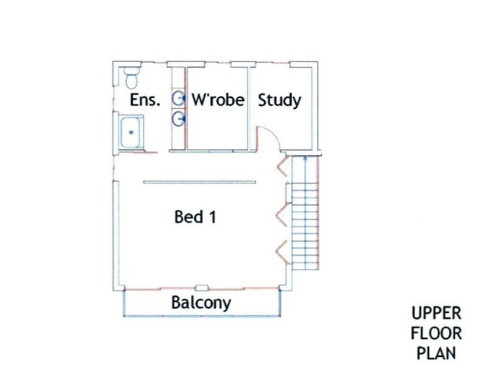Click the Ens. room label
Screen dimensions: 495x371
(145, 100)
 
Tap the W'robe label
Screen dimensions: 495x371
(218, 100)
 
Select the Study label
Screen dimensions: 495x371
(280, 101)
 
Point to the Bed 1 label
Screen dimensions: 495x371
(195, 217)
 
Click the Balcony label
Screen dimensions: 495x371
(201, 303)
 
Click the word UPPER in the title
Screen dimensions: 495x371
(436, 314)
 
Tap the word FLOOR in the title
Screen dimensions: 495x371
(436, 334)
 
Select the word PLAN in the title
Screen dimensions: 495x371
(436, 353)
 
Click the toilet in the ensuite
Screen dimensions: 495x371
(131, 78)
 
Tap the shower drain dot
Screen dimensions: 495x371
(131, 132)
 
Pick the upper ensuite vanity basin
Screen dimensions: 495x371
(178, 99)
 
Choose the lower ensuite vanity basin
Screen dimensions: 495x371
(178, 119)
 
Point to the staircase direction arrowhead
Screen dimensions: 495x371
(305, 159)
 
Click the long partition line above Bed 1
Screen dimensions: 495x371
(199, 182)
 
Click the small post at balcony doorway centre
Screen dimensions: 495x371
(202, 288)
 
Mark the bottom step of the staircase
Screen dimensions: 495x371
(305, 266)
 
